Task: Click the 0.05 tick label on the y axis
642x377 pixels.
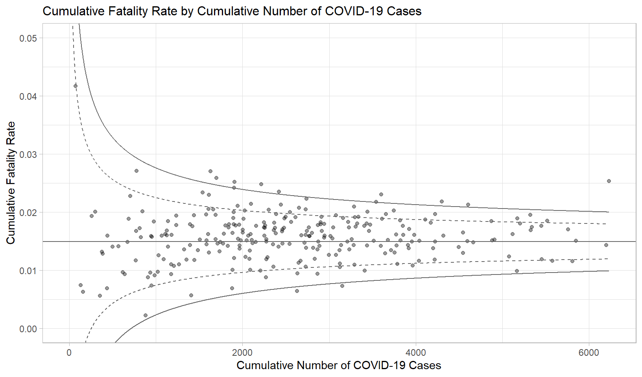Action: [x=28, y=38]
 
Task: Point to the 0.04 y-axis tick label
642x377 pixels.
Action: [x=28, y=96]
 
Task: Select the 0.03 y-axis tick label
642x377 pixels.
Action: [x=28, y=154]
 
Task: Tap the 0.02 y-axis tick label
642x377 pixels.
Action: [x=28, y=212]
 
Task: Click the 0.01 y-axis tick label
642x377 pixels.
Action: [x=28, y=271]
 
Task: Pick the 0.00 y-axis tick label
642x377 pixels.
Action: [x=28, y=329]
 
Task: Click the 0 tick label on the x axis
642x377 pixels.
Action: [x=69, y=352]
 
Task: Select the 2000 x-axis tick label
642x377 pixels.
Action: [x=242, y=352]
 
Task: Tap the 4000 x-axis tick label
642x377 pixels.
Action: [x=415, y=352]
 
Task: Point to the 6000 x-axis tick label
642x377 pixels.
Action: [x=588, y=352]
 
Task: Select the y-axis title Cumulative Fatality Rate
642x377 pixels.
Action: [x=11, y=183]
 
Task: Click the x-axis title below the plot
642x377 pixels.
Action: [x=339, y=365]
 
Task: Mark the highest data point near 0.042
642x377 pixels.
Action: [x=76, y=86]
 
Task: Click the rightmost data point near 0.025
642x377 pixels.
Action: [x=609, y=181]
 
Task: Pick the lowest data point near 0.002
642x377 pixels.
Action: [x=146, y=315]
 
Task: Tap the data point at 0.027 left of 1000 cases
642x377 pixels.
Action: [x=137, y=171]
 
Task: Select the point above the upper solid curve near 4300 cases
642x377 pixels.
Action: [x=441, y=201]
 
